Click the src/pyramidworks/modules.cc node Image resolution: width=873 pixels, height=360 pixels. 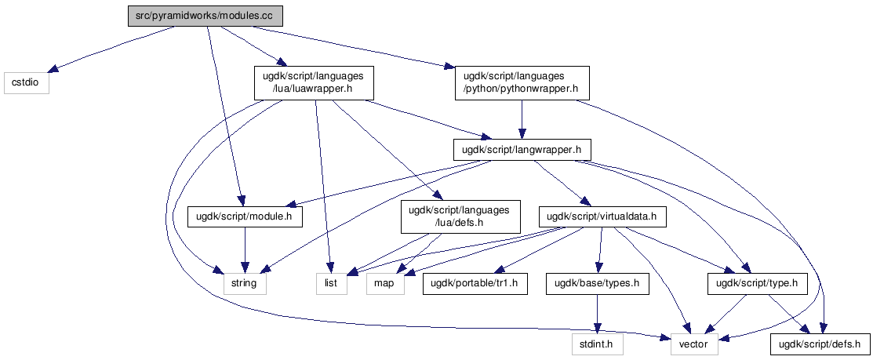(206, 16)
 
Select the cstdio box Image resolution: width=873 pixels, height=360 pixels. (26, 82)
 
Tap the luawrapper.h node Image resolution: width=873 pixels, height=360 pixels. (314, 83)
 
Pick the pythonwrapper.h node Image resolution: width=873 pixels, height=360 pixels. (522, 83)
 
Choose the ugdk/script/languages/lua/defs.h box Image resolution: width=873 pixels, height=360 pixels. (460, 216)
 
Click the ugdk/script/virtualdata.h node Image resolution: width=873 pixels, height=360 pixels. (602, 216)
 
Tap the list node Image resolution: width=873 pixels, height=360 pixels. (331, 283)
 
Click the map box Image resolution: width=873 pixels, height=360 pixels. (384, 283)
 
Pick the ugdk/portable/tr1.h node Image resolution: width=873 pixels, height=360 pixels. (475, 283)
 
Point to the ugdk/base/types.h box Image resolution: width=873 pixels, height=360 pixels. (598, 283)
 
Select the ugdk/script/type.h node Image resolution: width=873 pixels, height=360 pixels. (757, 283)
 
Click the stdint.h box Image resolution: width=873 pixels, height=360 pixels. (598, 344)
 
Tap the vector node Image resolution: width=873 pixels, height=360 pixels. (694, 344)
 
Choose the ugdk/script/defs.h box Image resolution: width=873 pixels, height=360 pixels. (819, 344)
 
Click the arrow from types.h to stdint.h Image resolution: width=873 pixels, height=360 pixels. (598, 314)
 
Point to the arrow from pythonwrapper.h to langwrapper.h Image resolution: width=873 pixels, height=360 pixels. (522, 120)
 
